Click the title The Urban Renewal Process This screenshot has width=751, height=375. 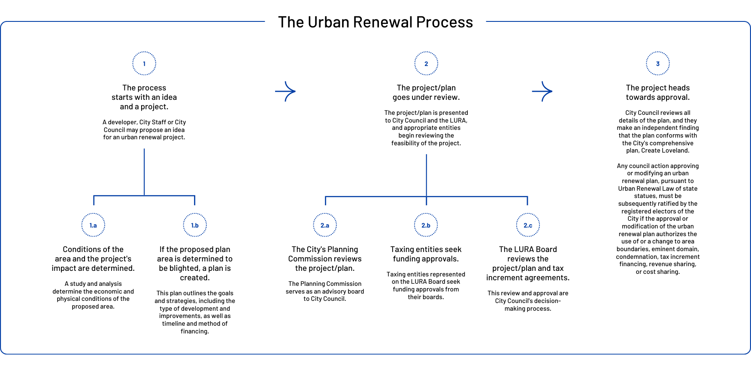tap(375, 22)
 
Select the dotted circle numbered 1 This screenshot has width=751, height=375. tap(144, 63)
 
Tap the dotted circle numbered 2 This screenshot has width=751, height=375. tap(426, 63)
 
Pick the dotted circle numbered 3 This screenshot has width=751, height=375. tap(657, 63)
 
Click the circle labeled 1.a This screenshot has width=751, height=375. tap(93, 225)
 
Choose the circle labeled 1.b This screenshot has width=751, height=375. tap(195, 225)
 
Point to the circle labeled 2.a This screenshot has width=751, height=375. tap(325, 225)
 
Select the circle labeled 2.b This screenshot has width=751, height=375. tap(426, 225)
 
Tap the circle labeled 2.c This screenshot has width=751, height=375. tap(528, 225)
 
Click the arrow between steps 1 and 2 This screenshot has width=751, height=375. tap(286, 91)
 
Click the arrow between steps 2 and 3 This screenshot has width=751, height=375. tap(542, 91)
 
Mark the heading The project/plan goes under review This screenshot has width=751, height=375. tap(426, 93)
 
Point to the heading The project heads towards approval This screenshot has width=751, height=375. tap(657, 93)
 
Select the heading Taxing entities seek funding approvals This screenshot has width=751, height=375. tap(426, 254)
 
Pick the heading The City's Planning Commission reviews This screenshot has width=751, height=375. tap(325, 258)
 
